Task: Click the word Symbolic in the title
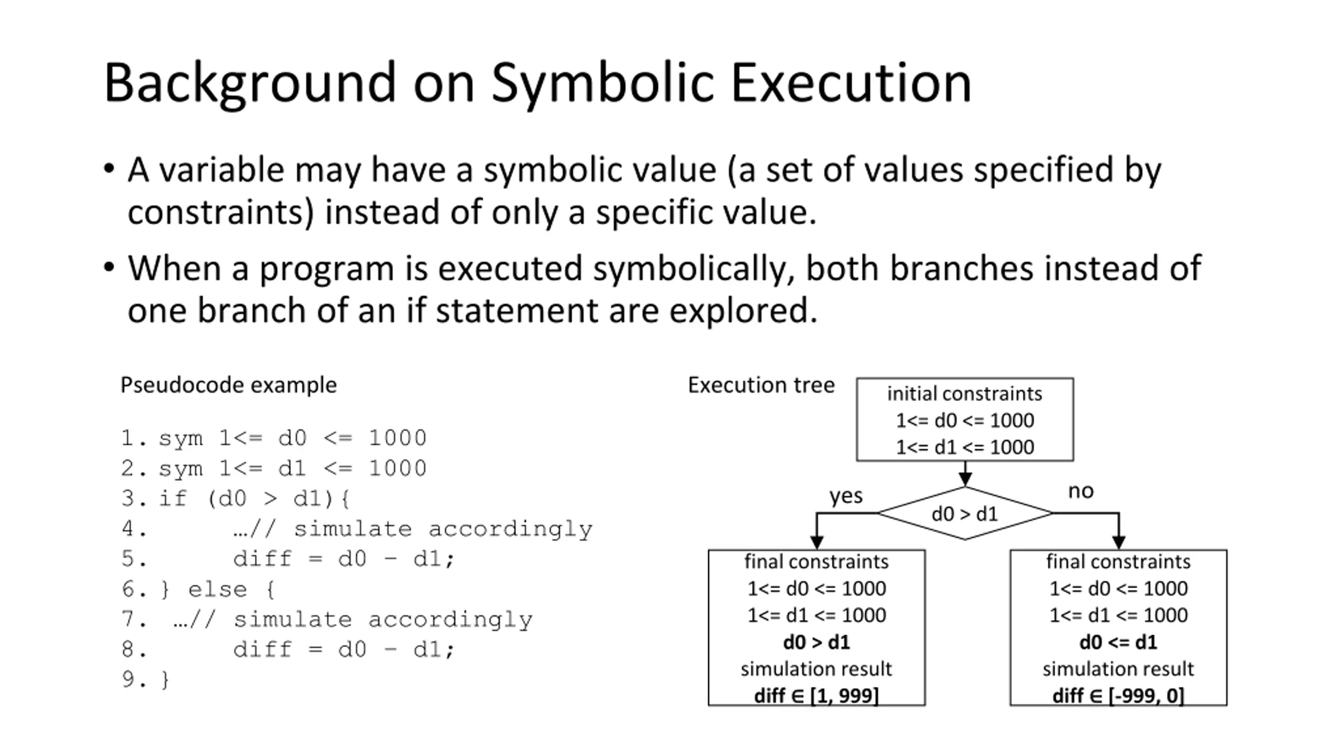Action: click(x=602, y=84)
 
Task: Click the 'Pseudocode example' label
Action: click(x=229, y=385)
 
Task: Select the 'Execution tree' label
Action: click(x=761, y=385)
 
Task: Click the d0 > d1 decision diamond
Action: click(x=965, y=514)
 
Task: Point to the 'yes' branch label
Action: click(x=846, y=495)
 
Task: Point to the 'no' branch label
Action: click(x=1080, y=491)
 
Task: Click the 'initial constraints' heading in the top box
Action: click(x=965, y=394)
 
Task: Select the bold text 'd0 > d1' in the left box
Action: click(x=817, y=642)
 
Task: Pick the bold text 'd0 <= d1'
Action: click(x=1118, y=642)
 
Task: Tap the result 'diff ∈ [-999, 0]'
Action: click(x=1118, y=696)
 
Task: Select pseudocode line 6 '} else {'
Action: click(x=217, y=590)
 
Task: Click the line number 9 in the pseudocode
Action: click(x=130, y=680)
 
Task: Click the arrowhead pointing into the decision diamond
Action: click(x=965, y=479)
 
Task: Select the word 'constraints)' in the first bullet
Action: click(x=220, y=213)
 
